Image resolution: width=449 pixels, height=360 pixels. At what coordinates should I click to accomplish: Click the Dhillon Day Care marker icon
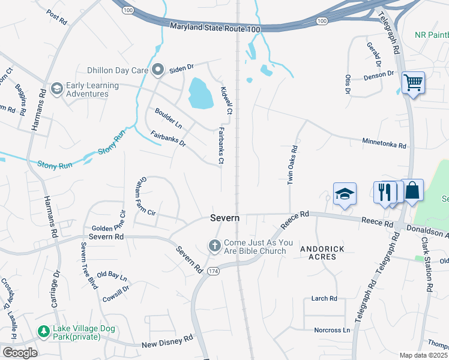(x=158, y=70)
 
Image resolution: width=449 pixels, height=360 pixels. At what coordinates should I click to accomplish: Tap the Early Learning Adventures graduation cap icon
(x=57, y=89)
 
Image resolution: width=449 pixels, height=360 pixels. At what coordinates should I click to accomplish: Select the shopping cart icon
(x=413, y=82)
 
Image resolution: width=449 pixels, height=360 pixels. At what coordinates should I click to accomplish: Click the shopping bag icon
(x=412, y=191)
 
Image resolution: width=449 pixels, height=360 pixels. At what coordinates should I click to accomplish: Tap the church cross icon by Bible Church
(x=214, y=245)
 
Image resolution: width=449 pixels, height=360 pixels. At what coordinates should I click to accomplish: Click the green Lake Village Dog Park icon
(x=43, y=331)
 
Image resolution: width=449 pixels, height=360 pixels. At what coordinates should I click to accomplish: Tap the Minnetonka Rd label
(x=384, y=143)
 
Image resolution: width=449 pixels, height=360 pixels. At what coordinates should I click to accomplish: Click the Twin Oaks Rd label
(x=292, y=165)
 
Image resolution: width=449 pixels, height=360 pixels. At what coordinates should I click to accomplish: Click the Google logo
(x=19, y=353)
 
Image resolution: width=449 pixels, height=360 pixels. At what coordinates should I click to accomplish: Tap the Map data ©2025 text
(x=424, y=355)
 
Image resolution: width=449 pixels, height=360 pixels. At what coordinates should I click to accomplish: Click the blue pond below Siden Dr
(x=200, y=94)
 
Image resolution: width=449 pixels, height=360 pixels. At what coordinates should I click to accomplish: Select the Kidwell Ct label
(x=226, y=100)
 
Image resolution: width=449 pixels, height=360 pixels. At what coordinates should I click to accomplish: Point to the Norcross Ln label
(x=332, y=330)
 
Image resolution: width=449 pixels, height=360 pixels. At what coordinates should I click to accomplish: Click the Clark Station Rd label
(x=427, y=264)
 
